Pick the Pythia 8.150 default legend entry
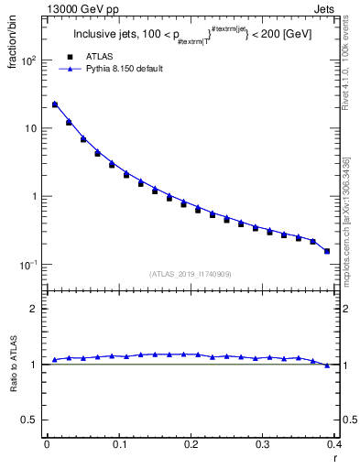pyautogui.click(x=124, y=69)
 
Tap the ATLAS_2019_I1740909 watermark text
pyautogui.click(x=191, y=274)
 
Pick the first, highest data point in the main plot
pyautogui.click(x=55, y=104)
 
